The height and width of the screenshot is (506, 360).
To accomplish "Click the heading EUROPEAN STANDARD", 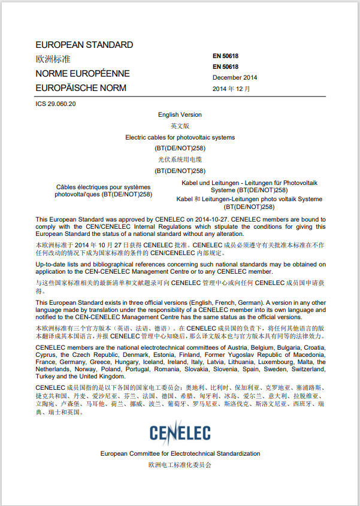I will click(x=84, y=45).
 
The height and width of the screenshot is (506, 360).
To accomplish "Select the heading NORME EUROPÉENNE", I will click(x=83, y=74).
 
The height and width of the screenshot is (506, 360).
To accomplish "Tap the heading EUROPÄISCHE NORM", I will click(x=81, y=88).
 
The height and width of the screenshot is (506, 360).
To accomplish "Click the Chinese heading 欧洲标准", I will click(x=53, y=59).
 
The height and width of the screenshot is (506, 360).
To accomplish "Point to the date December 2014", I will click(x=235, y=78).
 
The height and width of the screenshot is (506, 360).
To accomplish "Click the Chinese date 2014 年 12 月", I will click(x=231, y=89).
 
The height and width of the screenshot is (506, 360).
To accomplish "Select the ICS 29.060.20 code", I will click(x=56, y=104).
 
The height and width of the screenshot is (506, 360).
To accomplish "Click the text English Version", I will click(x=180, y=114).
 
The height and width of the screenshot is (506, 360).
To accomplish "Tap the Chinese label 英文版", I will click(x=180, y=126).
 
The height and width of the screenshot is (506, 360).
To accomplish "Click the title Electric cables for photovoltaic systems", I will click(x=180, y=137).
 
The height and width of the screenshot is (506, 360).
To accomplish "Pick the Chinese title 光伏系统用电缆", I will click(x=180, y=159).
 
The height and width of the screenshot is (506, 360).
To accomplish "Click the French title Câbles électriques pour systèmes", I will click(x=103, y=186).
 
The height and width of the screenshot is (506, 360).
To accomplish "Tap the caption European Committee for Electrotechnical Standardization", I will click(x=180, y=454).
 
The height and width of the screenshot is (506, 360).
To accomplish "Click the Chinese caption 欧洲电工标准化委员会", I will click(x=180, y=465).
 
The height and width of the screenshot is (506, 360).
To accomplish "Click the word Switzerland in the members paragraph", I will click(x=308, y=369).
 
